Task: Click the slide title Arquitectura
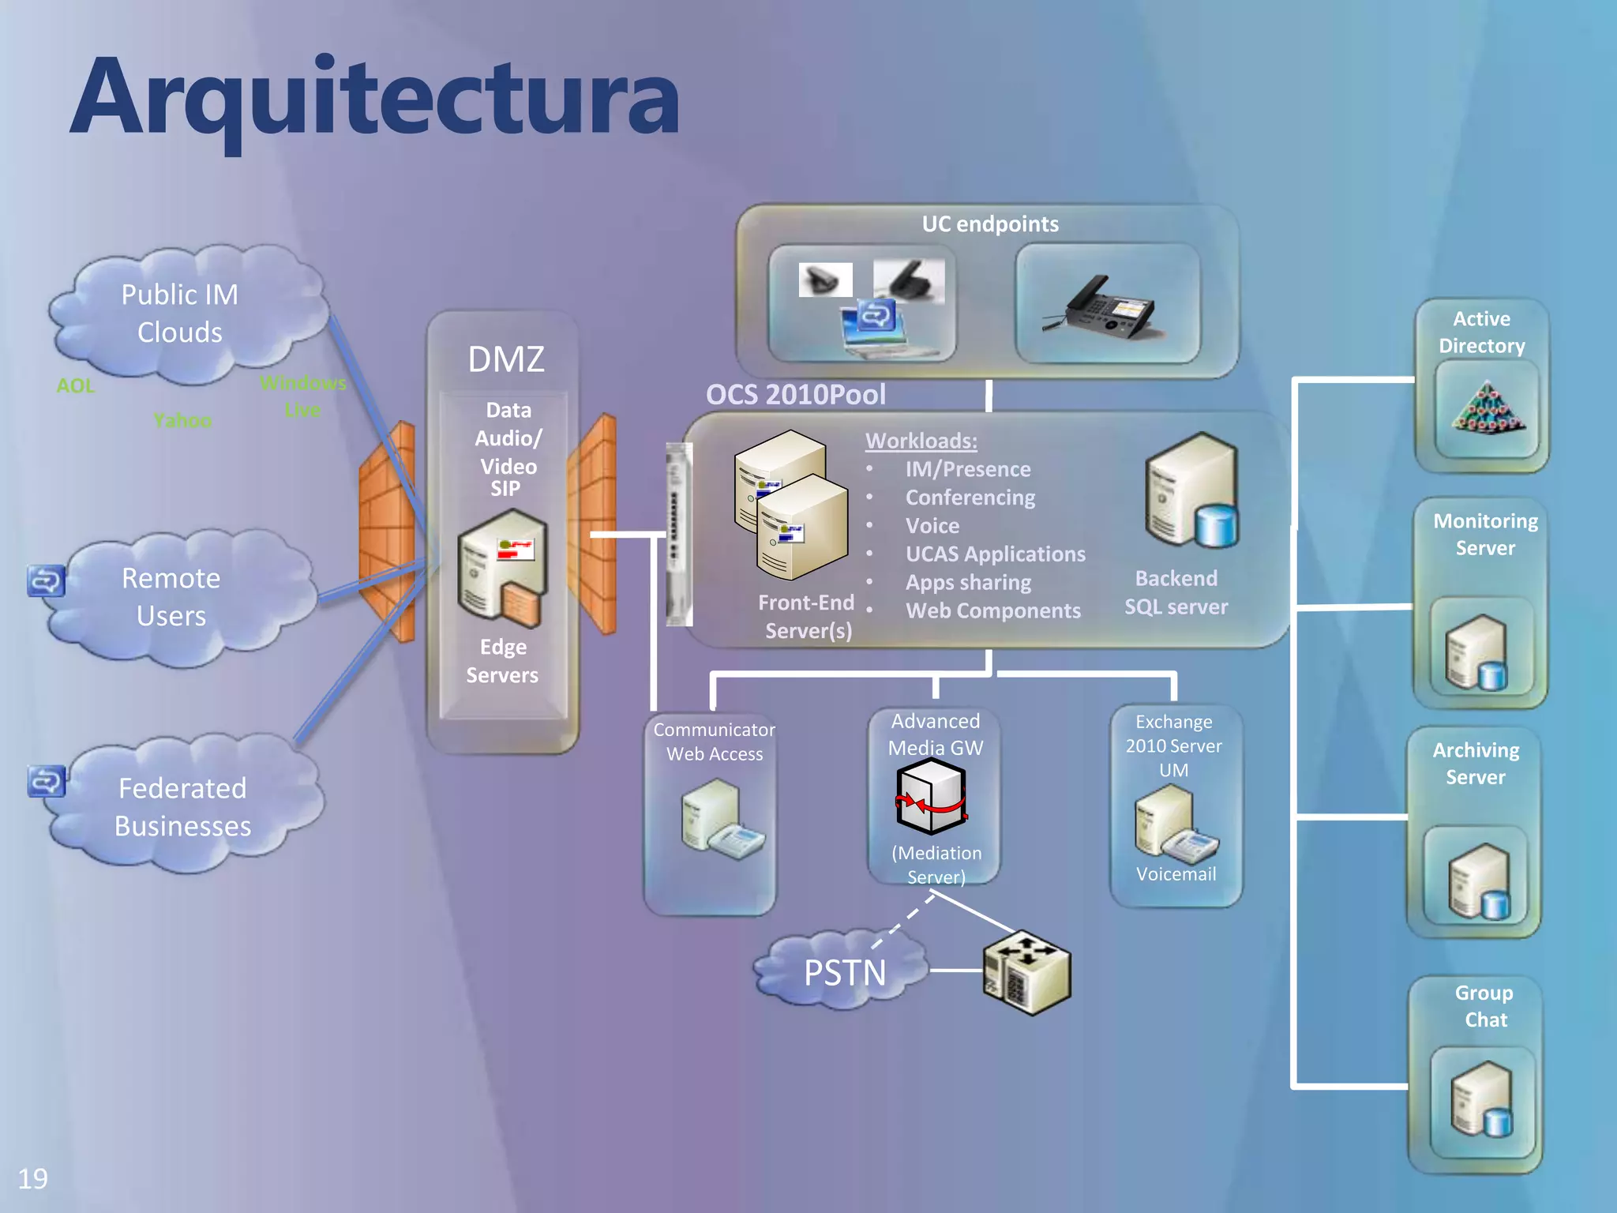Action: point(374,99)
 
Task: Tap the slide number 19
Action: point(32,1178)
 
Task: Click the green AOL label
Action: point(76,385)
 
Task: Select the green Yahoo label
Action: point(182,420)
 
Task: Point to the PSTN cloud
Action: point(843,972)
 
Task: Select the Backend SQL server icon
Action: point(1191,492)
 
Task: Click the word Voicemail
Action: point(1176,873)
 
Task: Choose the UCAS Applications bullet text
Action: point(995,554)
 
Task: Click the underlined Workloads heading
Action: point(921,441)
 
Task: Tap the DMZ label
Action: point(505,359)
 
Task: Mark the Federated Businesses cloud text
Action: point(182,806)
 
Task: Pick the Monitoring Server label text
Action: point(1485,534)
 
